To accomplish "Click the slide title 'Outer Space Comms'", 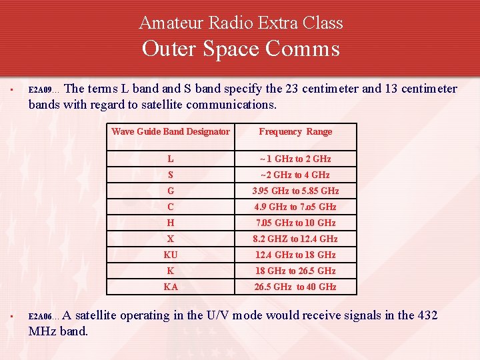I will (241, 49).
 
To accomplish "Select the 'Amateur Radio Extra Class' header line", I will (241, 23).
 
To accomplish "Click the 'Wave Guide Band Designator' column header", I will (171, 132).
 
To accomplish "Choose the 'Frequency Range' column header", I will (295, 132).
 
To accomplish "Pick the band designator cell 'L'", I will (171, 159).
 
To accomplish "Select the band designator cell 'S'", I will (171, 175).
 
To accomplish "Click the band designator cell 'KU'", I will (171, 255).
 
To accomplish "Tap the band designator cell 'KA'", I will (171, 287).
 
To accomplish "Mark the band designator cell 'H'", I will (171, 223).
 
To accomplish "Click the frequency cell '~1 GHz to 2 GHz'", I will (295, 159).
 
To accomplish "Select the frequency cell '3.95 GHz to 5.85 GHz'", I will (295, 191).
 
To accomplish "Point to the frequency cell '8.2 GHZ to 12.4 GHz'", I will (295, 239).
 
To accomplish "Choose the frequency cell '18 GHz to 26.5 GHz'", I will (295, 271).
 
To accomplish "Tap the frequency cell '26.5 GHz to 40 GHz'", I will (295, 287).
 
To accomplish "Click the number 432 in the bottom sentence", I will (427, 315).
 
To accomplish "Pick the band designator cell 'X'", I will (171, 239).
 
